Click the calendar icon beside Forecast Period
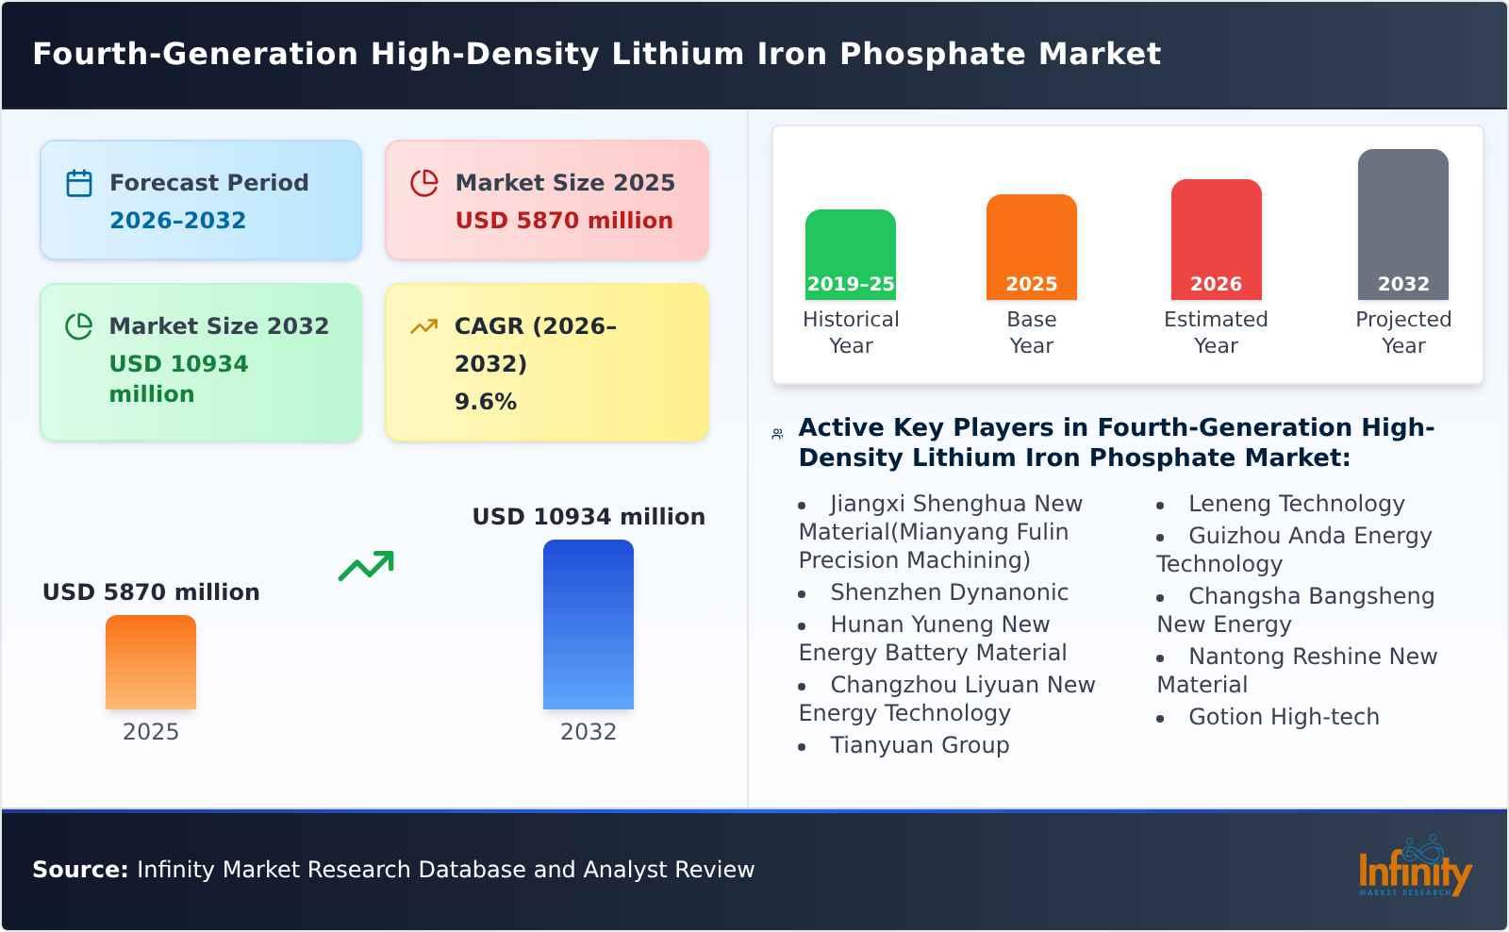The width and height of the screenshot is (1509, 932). pyautogui.click(x=79, y=183)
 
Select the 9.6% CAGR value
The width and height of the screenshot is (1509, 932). pyautogui.click(x=485, y=402)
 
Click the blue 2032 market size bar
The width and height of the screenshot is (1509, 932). pyautogui.click(x=588, y=624)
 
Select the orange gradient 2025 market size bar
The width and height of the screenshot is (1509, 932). pyautogui.click(x=151, y=662)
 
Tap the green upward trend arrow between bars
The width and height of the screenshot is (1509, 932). pyautogui.click(x=366, y=566)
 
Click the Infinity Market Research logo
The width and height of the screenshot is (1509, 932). pyautogui.click(x=1414, y=869)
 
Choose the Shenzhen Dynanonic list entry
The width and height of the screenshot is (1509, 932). pyautogui.click(x=948, y=592)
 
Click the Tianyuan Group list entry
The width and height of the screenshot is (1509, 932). pyautogui.click(x=919, y=745)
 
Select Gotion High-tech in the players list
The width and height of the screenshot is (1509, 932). pyautogui.click(x=1283, y=717)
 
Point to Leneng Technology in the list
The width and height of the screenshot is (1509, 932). pyautogui.click(x=1296, y=504)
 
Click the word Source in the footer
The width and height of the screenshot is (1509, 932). pyautogui.click(x=79, y=870)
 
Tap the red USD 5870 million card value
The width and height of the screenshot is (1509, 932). pyautogui.click(x=564, y=221)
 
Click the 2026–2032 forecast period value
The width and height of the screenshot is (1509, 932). pyautogui.click(x=177, y=221)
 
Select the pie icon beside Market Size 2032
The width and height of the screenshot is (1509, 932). pyautogui.click(x=79, y=326)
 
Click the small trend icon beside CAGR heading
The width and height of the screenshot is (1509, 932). pyautogui.click(x=423, y=326)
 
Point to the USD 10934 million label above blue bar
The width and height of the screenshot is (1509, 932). pyautogui.click(x=589, y=517)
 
